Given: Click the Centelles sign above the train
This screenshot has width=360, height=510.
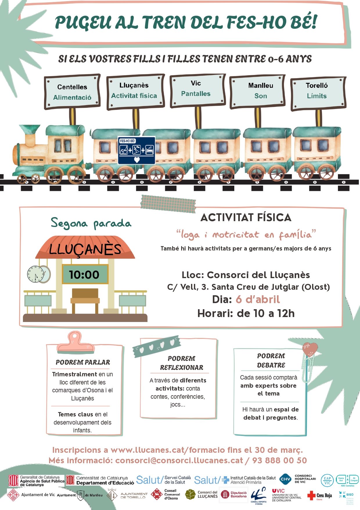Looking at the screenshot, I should coord(72,92).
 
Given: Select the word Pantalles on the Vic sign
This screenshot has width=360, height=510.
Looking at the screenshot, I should coord(196,94).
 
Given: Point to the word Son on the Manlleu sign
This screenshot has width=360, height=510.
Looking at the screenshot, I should coord(260,96).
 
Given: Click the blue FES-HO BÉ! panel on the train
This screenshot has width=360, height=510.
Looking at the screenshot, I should coord(136,150).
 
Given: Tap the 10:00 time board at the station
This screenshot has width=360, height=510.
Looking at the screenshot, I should coord(85,274).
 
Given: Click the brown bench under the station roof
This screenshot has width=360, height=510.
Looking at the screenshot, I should coord(85,299).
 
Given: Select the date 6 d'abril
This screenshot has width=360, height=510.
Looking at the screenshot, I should coord(258,299).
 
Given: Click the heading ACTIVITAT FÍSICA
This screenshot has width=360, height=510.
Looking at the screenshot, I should coord(246,218).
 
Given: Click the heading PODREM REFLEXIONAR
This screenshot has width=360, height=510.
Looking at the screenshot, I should coord(181,363).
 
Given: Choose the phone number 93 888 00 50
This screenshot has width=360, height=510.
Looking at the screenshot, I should coord(279,460).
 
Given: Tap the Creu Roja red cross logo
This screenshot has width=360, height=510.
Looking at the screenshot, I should coord(311,495).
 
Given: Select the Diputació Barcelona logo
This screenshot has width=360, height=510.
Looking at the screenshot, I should coord(234,494).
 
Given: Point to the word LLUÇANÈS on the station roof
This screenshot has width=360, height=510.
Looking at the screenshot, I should coord(85,249).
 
